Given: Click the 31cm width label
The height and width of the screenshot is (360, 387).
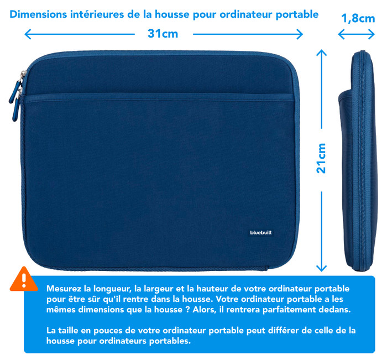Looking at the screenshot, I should pos(163,33).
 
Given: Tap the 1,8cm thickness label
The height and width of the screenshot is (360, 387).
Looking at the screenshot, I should pos(358,18).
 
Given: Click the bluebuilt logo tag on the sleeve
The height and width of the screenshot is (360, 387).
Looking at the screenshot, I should pos(260,233).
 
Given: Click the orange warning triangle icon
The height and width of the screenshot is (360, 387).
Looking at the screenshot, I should pos(24,280).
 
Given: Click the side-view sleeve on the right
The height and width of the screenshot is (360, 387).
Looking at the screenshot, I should pos(356,160).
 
